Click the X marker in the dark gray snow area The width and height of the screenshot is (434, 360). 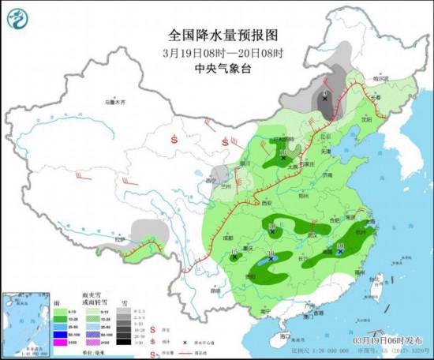[x=324, y=99]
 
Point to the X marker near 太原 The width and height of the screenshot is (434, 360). [x=283, y=158]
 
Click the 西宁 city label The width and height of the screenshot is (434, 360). [x=210, y=181]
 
